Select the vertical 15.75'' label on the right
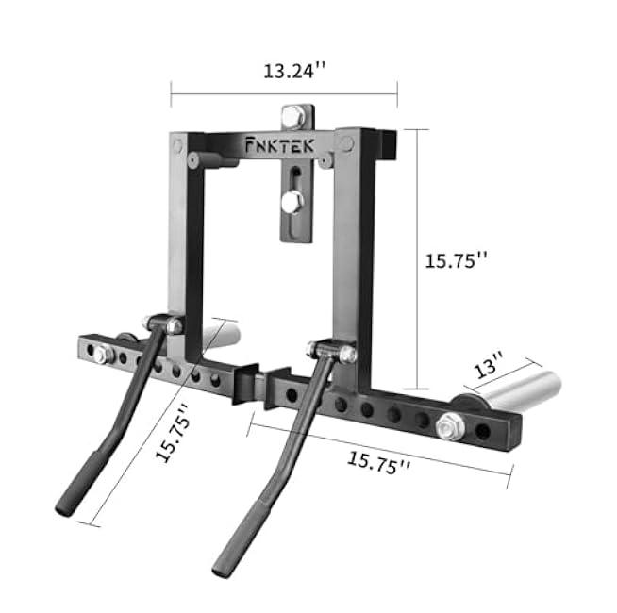(456, 261)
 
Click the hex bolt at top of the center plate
(292, 117)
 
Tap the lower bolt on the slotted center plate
(292, 201)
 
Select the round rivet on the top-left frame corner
(179, 144)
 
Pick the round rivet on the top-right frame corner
(346, 142)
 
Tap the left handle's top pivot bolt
(175, 325)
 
